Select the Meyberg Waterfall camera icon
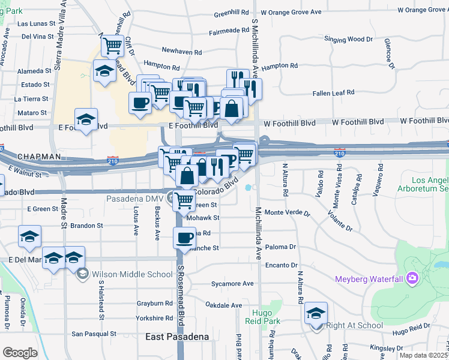click(x=412, y=278)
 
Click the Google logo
click(x=20, y=353)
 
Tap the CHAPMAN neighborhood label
click(x=39, y=157)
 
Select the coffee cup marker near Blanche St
click(x=184, y=238)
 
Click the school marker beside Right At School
click(x=316, y=313)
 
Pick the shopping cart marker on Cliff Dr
click(x=112, y=45)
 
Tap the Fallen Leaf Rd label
click(x=334, y=93)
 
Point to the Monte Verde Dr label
click(x=288, y=213)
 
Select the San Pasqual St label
click(x=94, y=334)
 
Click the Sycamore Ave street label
click(x=232, y=284)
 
